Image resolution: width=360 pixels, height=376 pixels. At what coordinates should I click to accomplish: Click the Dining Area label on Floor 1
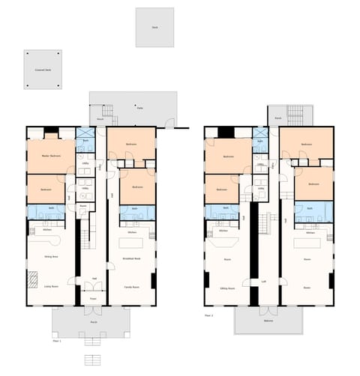pos(51,256)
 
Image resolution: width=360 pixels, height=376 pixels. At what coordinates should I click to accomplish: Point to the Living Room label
pos(51,285)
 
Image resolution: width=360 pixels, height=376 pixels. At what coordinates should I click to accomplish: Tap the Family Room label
pos(132,287)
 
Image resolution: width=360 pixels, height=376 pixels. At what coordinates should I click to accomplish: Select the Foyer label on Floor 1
pos(94,297)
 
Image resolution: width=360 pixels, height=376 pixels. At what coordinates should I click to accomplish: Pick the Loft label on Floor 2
pos(264,282)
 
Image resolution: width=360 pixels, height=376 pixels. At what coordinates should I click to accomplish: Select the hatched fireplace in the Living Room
pos(33,280)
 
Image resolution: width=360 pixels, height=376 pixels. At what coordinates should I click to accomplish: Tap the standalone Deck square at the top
pos(154,27)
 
